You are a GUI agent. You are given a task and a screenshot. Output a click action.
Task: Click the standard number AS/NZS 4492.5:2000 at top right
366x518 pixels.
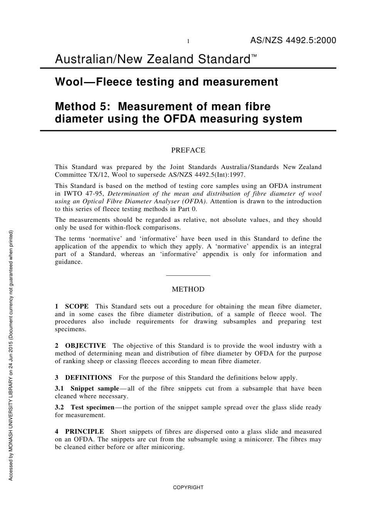tap(293, 40)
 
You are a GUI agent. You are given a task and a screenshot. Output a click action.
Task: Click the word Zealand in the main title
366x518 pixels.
tap(174, 59)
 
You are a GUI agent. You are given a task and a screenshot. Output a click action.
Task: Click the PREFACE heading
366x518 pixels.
tap(188, 150)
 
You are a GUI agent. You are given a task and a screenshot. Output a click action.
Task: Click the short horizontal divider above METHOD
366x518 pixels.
tap(188, 275)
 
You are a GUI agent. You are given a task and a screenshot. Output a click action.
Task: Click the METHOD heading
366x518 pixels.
tap(188, 289)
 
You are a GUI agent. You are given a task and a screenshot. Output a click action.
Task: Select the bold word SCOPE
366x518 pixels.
tap(77, 307)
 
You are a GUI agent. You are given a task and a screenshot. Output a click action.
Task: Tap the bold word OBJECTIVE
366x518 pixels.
tap(85, 346)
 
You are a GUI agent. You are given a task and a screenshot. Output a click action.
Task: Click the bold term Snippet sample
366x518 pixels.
tap(95, 389)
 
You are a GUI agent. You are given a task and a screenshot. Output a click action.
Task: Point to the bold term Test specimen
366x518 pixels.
tap(92, 407)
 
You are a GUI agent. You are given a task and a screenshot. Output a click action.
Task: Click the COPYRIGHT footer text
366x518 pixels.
tap(188, 487)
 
